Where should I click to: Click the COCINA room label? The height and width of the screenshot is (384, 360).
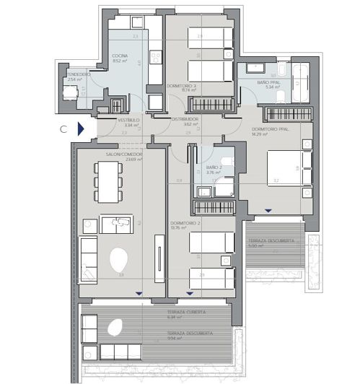[x=120, y=56]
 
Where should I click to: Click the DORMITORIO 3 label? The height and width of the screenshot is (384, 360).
[x=181, y=86]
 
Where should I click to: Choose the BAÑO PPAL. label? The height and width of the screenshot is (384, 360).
[x=258, y=82]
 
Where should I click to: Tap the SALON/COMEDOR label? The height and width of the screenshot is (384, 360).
[x=123, y=154]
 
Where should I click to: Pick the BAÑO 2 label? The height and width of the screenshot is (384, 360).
[x=213, y=167]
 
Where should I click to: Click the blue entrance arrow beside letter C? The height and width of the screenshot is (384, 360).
[x=81, y=129]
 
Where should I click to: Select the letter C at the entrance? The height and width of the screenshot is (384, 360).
[x=63, y=129]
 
